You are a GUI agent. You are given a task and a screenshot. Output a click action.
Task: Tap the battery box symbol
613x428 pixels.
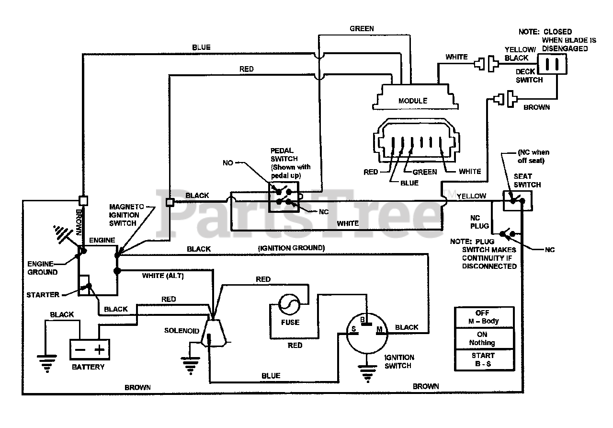[89, 349]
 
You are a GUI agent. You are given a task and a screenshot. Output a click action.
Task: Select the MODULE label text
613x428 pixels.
[412, 101]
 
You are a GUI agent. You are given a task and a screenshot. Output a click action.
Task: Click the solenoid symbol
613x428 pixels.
[214, 331]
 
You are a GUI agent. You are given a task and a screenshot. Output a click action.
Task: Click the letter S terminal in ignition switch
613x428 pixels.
[354, 329]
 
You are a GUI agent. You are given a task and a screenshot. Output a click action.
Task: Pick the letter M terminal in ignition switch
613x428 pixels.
[380, 329]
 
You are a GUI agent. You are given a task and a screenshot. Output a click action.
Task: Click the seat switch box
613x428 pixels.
[517, 200]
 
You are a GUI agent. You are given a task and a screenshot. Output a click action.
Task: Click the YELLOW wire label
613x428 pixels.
[472, 196]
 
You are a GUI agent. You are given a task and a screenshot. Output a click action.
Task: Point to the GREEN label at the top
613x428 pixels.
[362, 29]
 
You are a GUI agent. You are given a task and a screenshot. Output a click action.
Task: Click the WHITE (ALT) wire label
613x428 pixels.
[163, 276]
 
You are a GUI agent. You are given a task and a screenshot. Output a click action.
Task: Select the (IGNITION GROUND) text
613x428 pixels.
[291, 248]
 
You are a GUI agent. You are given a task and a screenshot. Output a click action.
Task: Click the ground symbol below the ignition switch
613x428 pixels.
[366, 372]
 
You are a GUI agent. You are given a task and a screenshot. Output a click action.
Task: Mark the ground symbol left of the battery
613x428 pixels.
[46, 363]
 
